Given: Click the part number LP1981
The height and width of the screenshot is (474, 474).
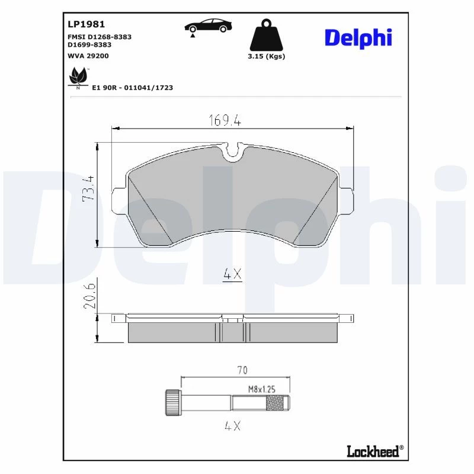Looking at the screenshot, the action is coord(86,24).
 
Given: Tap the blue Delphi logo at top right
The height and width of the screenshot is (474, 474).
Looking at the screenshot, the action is coord(358,39).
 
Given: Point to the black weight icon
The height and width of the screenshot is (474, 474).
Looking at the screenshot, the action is coord(266,35).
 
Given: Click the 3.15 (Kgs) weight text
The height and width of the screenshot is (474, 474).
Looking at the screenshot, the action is coord(266,56).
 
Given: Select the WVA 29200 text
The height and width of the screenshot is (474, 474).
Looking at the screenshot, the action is coord(88,56).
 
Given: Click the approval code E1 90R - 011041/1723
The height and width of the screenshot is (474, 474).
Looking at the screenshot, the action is coord(132,88).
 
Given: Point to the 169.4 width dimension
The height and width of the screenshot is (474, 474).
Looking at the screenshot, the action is coord(225,120).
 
